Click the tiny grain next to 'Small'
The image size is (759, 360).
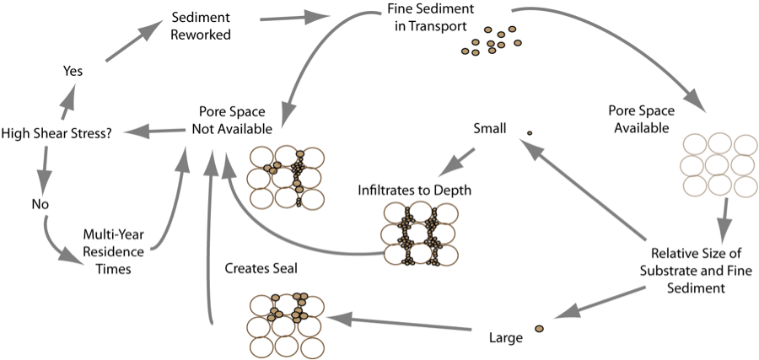pos(530,133)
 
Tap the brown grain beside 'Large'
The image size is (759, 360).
pos(539,328)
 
